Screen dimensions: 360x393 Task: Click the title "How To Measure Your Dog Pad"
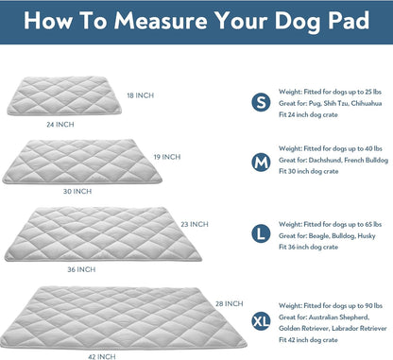196,23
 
